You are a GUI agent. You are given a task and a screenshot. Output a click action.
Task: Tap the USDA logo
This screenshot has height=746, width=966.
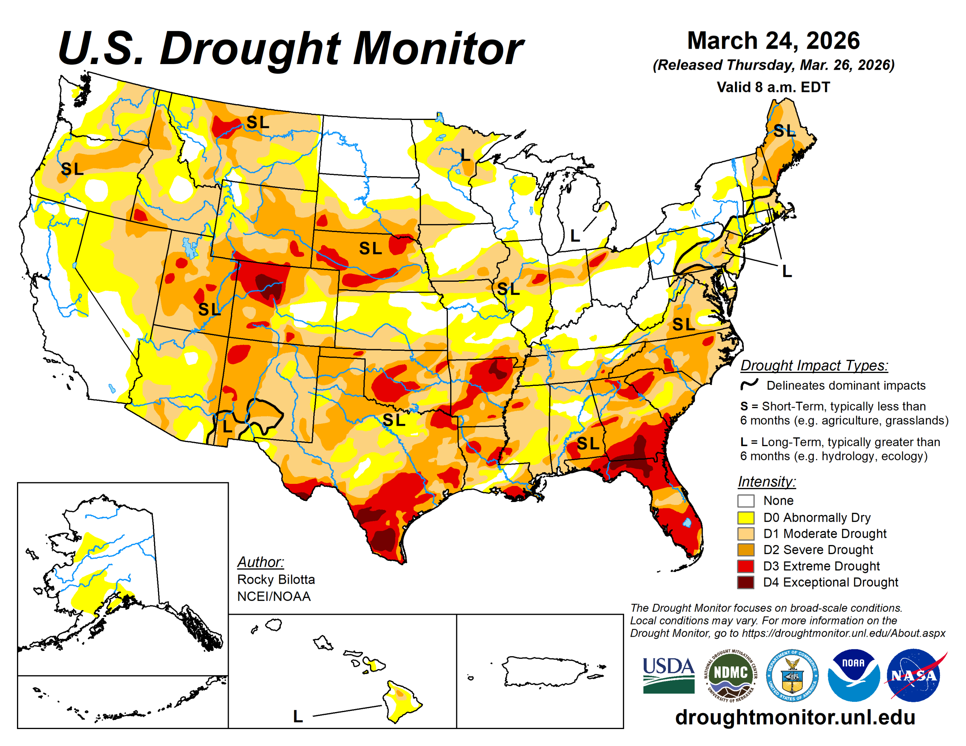tap(668, 675)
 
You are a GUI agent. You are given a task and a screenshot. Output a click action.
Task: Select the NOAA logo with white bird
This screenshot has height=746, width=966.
tap(853, 675)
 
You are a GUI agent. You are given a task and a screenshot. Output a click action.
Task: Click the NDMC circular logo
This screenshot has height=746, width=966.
tap(731, 675)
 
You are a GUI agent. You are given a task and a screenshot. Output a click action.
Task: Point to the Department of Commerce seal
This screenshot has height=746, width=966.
tap(792, 675)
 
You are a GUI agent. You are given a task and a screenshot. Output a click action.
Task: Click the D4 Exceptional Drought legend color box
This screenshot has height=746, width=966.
tap(745, 582)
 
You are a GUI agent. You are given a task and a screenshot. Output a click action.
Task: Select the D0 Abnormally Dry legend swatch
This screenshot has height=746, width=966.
tap(745, 517)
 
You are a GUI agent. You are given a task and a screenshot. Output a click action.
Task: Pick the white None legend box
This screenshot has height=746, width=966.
tap(745, 500)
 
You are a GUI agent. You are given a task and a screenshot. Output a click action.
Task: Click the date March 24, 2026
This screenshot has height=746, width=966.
tap(773, 41)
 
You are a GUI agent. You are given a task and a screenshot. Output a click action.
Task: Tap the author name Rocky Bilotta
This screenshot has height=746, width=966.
tap(276, 579)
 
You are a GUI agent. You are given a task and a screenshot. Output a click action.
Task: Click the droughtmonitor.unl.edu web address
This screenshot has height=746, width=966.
tap(795, 717)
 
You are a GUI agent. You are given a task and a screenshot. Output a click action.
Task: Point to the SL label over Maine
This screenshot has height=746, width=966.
tap(784, 131)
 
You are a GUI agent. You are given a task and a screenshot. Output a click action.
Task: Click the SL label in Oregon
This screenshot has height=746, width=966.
tap(72, 169)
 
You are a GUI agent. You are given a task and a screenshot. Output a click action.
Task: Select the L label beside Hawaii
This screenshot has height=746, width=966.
tap(298, 716)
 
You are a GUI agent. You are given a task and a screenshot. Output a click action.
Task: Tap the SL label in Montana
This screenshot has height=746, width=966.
tap(257, 122)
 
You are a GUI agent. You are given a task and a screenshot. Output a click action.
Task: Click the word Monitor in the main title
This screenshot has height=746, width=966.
tap(438, 49)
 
